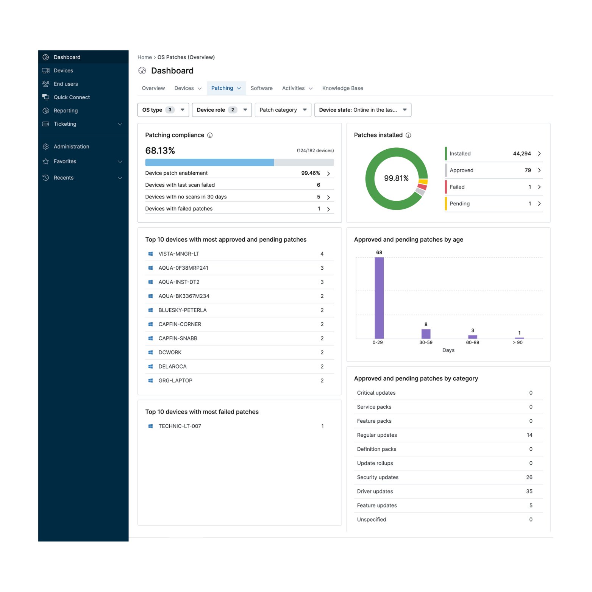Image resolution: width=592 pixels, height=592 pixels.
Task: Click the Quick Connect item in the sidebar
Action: (72, 97)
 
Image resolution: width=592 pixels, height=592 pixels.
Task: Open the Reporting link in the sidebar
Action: (66, 111)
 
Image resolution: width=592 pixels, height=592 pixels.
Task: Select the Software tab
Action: (261, 88)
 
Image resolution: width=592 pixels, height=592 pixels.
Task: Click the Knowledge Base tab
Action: (342, 88)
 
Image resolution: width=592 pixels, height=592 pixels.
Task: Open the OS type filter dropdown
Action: (163, 110)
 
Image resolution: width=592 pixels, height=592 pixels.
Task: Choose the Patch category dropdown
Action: (283, 110)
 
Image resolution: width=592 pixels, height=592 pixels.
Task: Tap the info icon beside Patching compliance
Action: (210, 135)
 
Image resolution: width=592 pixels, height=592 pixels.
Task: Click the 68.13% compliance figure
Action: (160, 151)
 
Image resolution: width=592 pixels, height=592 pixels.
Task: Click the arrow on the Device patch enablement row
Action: (328, 173)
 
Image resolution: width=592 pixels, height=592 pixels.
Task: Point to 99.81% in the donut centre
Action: (396, 178)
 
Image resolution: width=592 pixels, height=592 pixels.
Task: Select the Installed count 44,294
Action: (522, 154)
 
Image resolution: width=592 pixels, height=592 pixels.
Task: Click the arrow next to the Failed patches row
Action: (539, 187)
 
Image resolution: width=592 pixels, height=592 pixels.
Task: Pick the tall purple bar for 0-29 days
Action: (379, 298)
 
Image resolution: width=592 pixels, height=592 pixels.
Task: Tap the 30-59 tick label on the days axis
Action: (426, 342)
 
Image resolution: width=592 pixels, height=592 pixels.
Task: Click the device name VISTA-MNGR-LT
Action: (179, 254)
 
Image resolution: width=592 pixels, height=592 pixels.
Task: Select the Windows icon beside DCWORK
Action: (150, 353)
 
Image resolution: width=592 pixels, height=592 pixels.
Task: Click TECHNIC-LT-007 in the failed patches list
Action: (180, 426)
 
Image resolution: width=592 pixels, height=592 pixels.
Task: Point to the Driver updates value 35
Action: (529, 491)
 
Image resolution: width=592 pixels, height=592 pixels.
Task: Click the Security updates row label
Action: (378, 477)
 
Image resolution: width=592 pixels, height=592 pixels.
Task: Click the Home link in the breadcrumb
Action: (144, 57)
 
